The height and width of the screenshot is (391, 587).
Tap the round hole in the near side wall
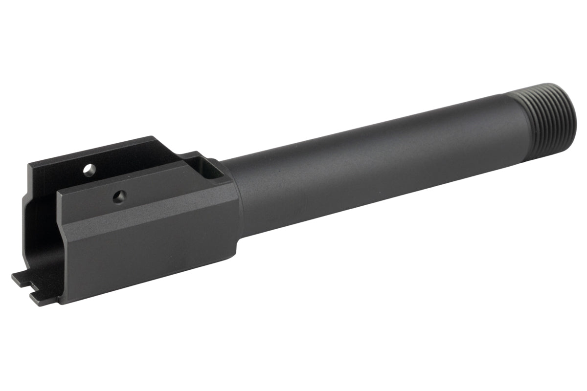[119, 197]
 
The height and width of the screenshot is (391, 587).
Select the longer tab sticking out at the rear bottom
[22, 279]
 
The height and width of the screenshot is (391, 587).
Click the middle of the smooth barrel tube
[372, 161]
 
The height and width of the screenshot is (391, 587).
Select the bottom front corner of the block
[235, 254]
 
